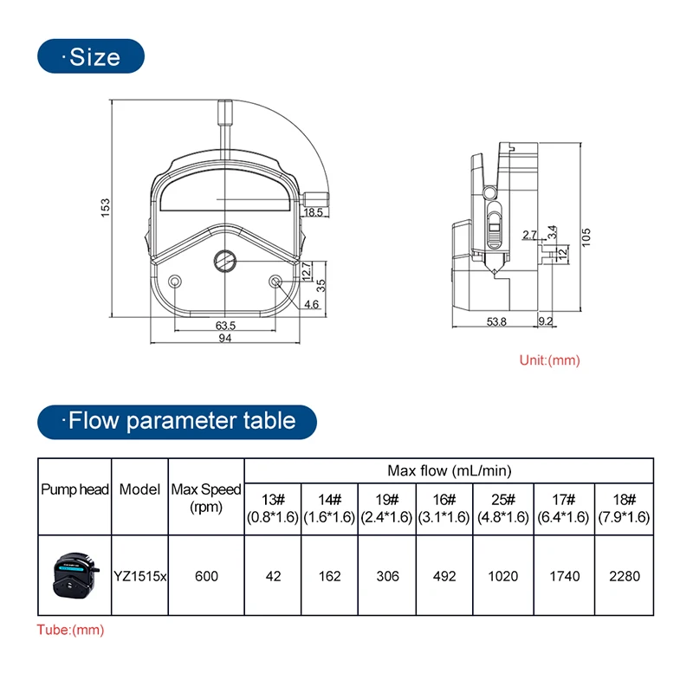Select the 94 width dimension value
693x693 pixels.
(224, 339)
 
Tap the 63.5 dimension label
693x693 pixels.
(225, 325)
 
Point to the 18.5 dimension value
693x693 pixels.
(313, 211)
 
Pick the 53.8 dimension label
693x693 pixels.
(496, 321)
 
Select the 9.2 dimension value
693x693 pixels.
(547, 321)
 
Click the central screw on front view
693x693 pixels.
(225, 258)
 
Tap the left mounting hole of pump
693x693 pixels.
(175, 282)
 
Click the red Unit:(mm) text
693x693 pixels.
(549, 359)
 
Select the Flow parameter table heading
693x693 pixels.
(178, 422)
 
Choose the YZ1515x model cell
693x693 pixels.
(140, 576)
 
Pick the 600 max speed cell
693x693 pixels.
(206, 576)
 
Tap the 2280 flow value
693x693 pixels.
(624, 576)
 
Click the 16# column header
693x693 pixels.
(445, 508)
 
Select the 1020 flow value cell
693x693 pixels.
(502, 576)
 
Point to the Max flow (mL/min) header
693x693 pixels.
(449, 470)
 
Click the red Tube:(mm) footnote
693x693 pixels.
(70, 630)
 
